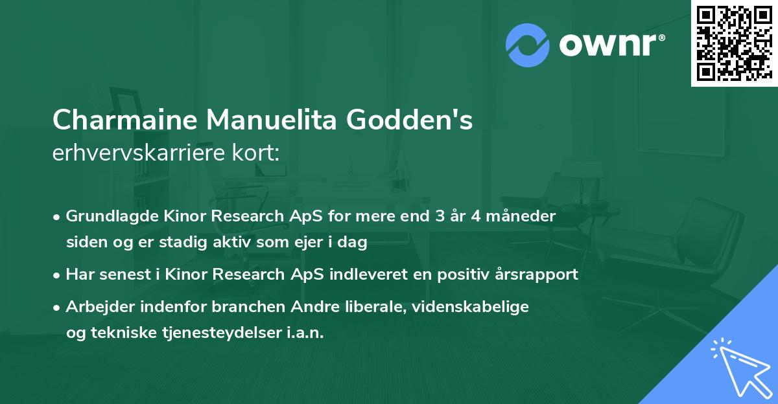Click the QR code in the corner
tap(734, 43)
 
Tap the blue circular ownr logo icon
tap(528, 45)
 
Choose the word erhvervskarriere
tap(134, 153)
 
